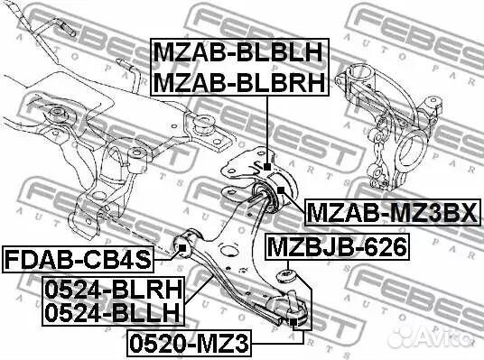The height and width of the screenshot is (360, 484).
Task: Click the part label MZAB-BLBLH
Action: click(x=238, y=51)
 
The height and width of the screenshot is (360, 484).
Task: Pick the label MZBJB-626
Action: click(x=336, y=245)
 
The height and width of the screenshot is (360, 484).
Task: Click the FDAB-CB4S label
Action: click(x=76, y=262)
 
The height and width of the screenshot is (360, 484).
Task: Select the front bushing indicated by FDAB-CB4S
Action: click(x=185, y=241)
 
